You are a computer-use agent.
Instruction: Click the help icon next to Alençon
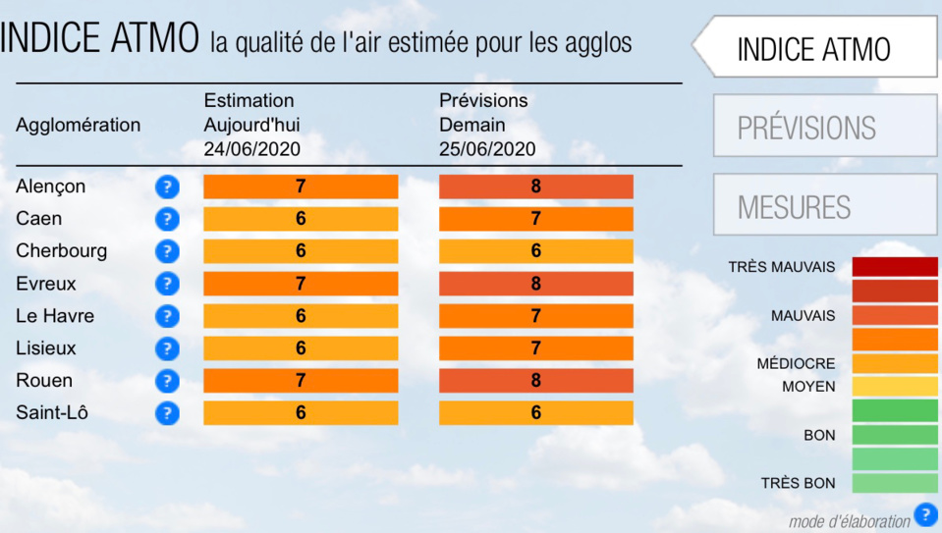167,187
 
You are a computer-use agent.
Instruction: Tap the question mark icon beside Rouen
167,381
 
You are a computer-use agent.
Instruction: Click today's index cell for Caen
301,219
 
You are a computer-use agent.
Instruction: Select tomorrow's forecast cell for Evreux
536,284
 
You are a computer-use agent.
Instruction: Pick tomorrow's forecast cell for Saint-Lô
536,413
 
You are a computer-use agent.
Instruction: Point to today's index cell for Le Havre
301,316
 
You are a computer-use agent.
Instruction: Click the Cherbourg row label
61,251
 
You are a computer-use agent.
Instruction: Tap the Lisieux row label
45,348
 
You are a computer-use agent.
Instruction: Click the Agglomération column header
78,126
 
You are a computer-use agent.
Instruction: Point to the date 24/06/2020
251,149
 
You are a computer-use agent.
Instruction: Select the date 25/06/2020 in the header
487,149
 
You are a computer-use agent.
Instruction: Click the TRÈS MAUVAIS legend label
782,267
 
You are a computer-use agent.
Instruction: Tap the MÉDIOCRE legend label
796,364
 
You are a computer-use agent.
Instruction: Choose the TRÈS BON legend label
798,483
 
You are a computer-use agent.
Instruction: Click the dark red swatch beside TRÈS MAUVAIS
895,267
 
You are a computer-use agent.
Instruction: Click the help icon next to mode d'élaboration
925,515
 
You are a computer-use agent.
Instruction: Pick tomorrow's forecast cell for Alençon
536,187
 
